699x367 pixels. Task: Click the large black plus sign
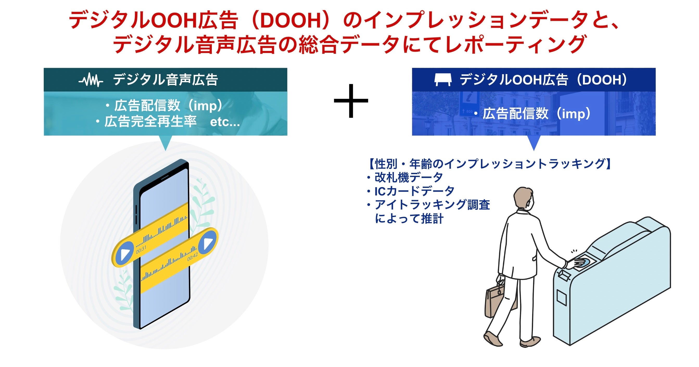[351, 101]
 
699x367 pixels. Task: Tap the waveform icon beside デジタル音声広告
[91, 80]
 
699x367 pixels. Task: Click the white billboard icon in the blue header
[443, 80]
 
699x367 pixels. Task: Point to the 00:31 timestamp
[141, 249]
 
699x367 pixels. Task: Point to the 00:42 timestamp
[192, 257]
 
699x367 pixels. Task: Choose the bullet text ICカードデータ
[414, 191]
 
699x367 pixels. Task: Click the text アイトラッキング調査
[432, 205]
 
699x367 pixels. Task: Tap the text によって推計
[409, 219]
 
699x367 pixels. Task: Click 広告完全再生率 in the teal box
[151, 122]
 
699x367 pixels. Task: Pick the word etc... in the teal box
[225, 122]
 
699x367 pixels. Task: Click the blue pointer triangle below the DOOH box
[534, 142]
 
